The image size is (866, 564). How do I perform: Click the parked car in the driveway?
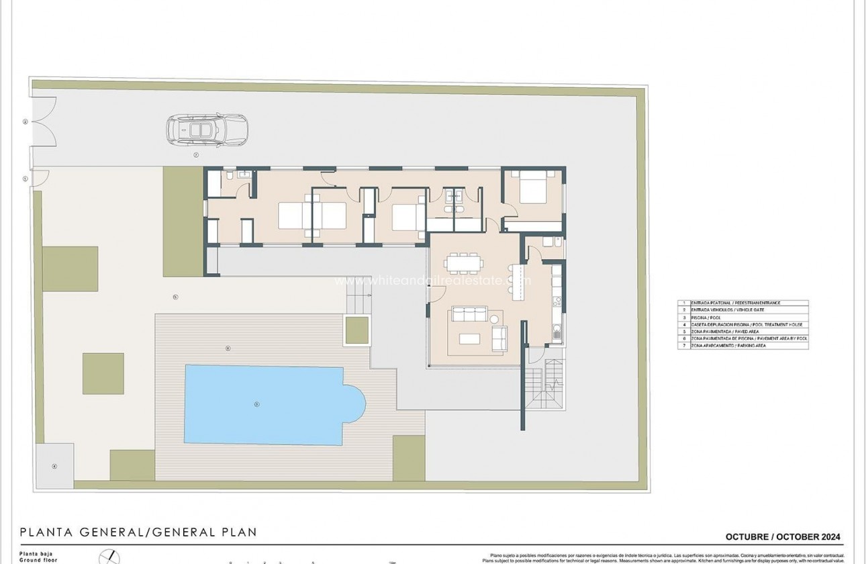point(207,129)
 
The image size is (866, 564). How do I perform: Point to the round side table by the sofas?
point(495,318)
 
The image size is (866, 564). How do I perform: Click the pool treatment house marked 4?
point(55,465)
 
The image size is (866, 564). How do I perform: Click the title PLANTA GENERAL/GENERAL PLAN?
point(138,532)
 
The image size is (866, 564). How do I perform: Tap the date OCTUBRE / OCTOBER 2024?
point(783,536)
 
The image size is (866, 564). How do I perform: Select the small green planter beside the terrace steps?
point(356,330)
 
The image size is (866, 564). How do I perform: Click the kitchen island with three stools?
point(514,281)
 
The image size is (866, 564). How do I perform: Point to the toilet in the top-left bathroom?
point(230,176)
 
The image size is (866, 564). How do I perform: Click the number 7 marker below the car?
point(196,154)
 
